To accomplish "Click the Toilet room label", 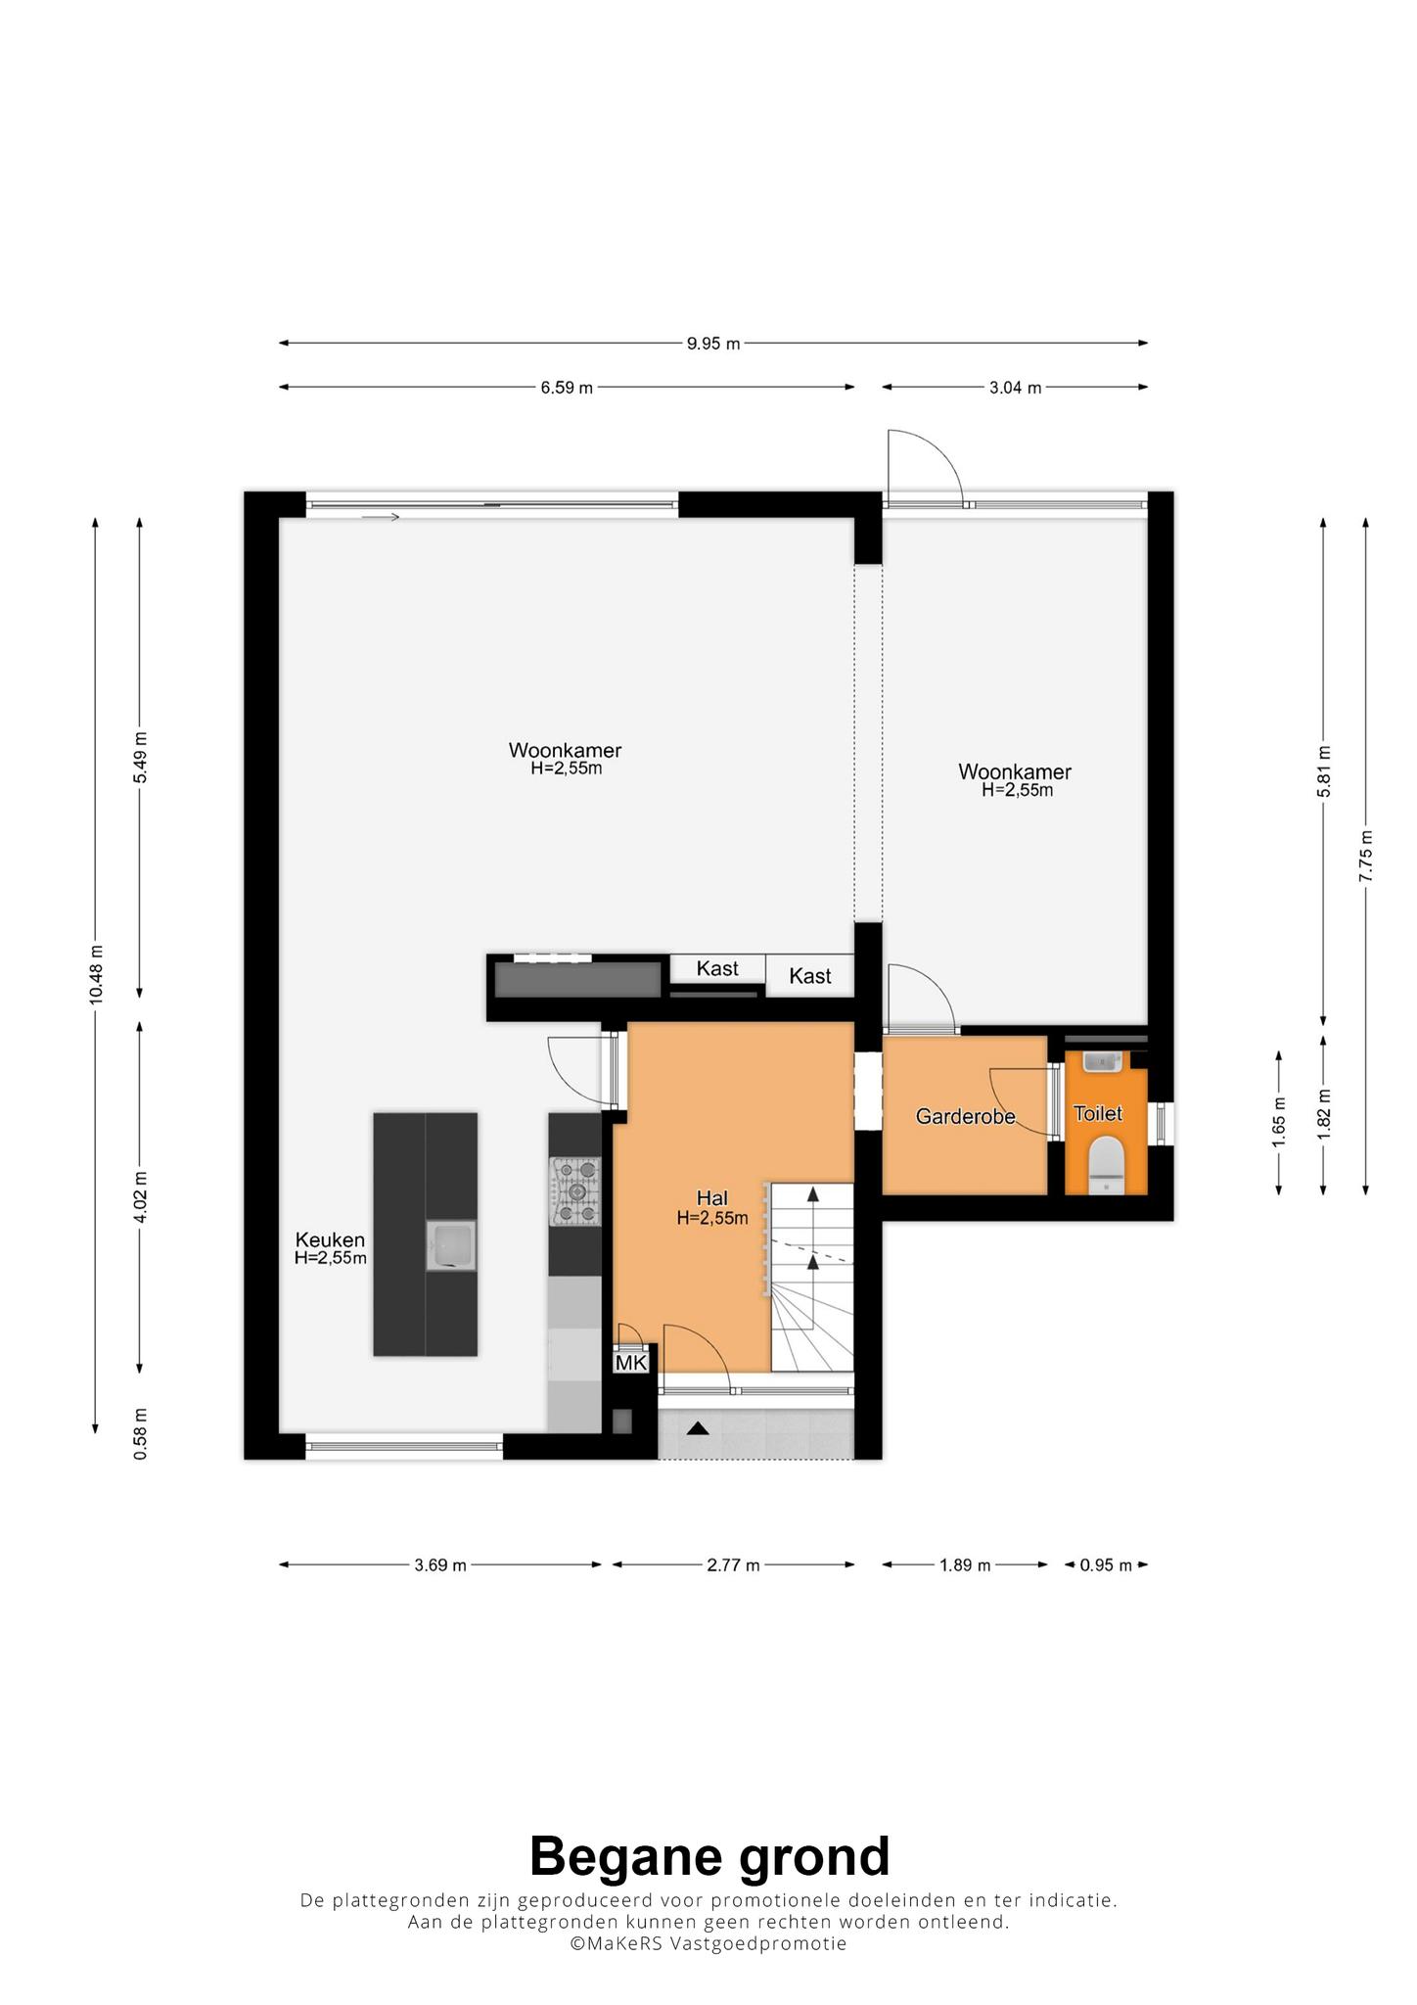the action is [1097, 1113].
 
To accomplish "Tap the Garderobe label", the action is [965, 1116].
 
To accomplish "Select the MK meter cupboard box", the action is [631, 1362].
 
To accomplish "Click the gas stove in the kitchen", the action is [574, 1191].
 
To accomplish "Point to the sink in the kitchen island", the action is [451, 1245].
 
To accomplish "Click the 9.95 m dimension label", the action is [713, 344].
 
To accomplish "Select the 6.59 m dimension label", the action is [567, 388].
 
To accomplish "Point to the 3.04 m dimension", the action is [1015, 388].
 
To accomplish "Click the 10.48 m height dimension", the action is [96, 975].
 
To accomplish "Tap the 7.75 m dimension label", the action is [1366, 857].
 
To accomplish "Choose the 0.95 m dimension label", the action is [1106, 1565].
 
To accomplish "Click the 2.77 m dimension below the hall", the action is [733, 1565].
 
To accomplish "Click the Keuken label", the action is [331, 1240].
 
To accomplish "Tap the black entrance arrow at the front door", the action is [697, 1428].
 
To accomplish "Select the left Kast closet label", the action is [717, 969].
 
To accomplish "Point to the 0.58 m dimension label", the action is [141, 1434].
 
